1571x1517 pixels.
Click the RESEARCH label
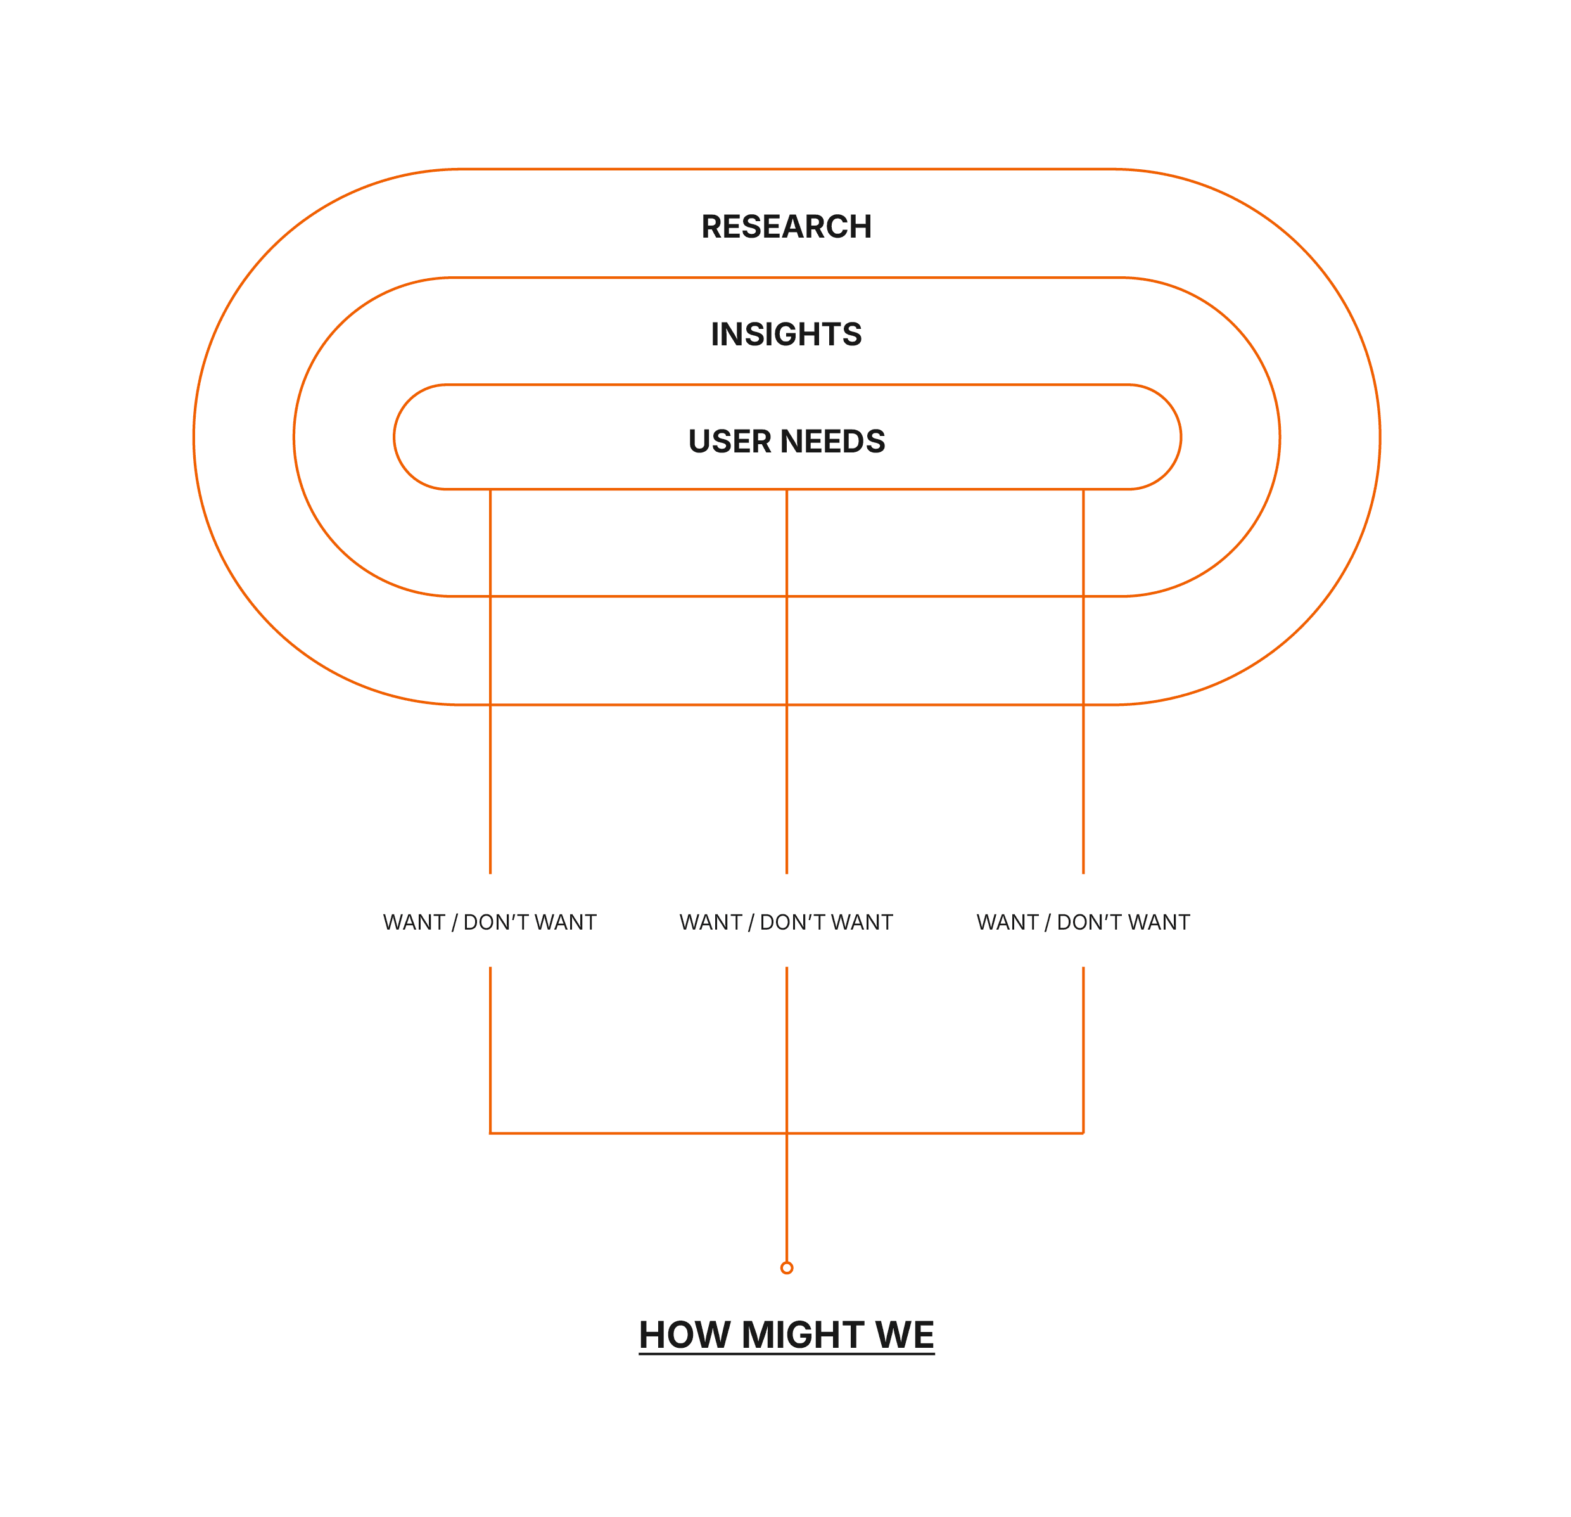(x=785, y=227)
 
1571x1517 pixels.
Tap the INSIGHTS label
(x=785, y=335)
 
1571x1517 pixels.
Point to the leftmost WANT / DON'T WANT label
(x=489, y=922)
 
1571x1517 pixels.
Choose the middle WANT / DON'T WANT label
(x=785, y=922)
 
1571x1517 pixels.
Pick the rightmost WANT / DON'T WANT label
(x=1082, y=922)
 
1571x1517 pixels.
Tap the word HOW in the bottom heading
(x=685, y=1335)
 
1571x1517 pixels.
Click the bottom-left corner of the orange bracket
(x=490, y=1133)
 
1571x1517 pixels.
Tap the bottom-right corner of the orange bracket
(x=1083, y=1133)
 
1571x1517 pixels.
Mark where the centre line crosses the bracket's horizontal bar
(x=786, y=1133)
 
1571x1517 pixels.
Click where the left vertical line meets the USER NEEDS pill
(x=490, y=489)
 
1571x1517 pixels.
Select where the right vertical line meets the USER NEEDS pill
(x=1083, y=489)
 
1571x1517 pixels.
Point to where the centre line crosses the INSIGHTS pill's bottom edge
(x=786, y=596)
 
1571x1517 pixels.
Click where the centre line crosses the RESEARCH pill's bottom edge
(x=786, y=705)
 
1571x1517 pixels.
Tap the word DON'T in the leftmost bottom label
(x=495, y=922)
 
